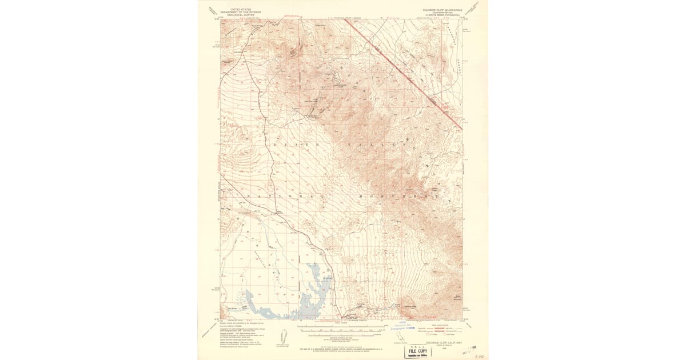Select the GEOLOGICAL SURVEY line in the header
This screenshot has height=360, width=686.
coord(236,15)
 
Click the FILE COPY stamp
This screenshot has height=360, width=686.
coord(418,350)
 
